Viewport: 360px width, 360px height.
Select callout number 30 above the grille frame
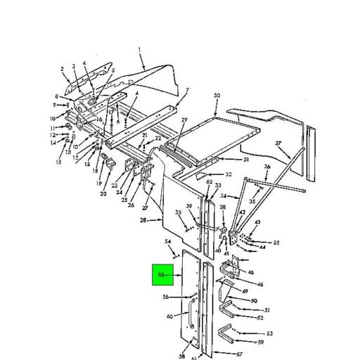coord(217,95)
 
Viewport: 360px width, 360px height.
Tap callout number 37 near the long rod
coord(278,143)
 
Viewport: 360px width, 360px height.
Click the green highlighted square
coord(164,276)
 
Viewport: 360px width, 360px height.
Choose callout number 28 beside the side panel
coord(143,220)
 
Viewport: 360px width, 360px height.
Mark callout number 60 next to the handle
coord(169,317)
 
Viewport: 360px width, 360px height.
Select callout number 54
coord(169,242)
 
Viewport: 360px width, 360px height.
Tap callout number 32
coord(229,174)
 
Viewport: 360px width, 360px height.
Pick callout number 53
coord(269,333)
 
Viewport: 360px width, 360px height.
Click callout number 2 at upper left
coord(62,69)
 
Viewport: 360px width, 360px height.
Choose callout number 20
coord(103,193)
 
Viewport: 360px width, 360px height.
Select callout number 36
coord(267,167)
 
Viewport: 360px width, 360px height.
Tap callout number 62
coord(210,181)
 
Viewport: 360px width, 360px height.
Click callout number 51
coord(267,310)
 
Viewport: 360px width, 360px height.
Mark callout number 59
coord(260,342)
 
